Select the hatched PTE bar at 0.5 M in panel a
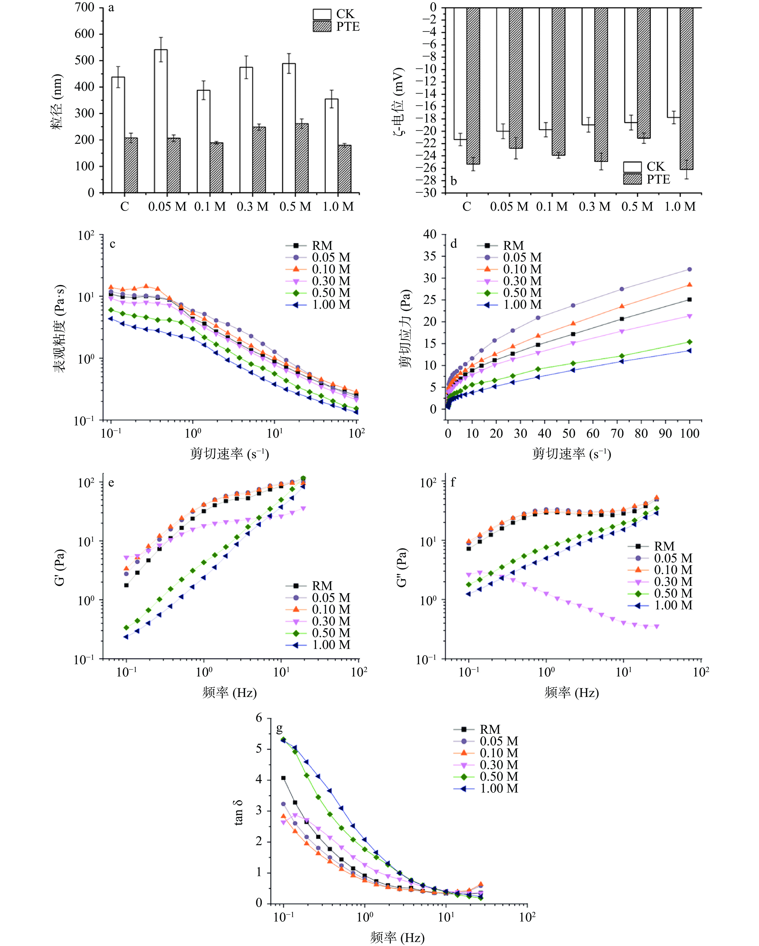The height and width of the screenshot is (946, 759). click(302, 158)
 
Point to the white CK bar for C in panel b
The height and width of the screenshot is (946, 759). click(460, 74)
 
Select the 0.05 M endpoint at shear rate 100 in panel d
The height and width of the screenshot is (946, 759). click(689, 269)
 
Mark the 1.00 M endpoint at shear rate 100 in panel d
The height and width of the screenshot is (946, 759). click(689, 350)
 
